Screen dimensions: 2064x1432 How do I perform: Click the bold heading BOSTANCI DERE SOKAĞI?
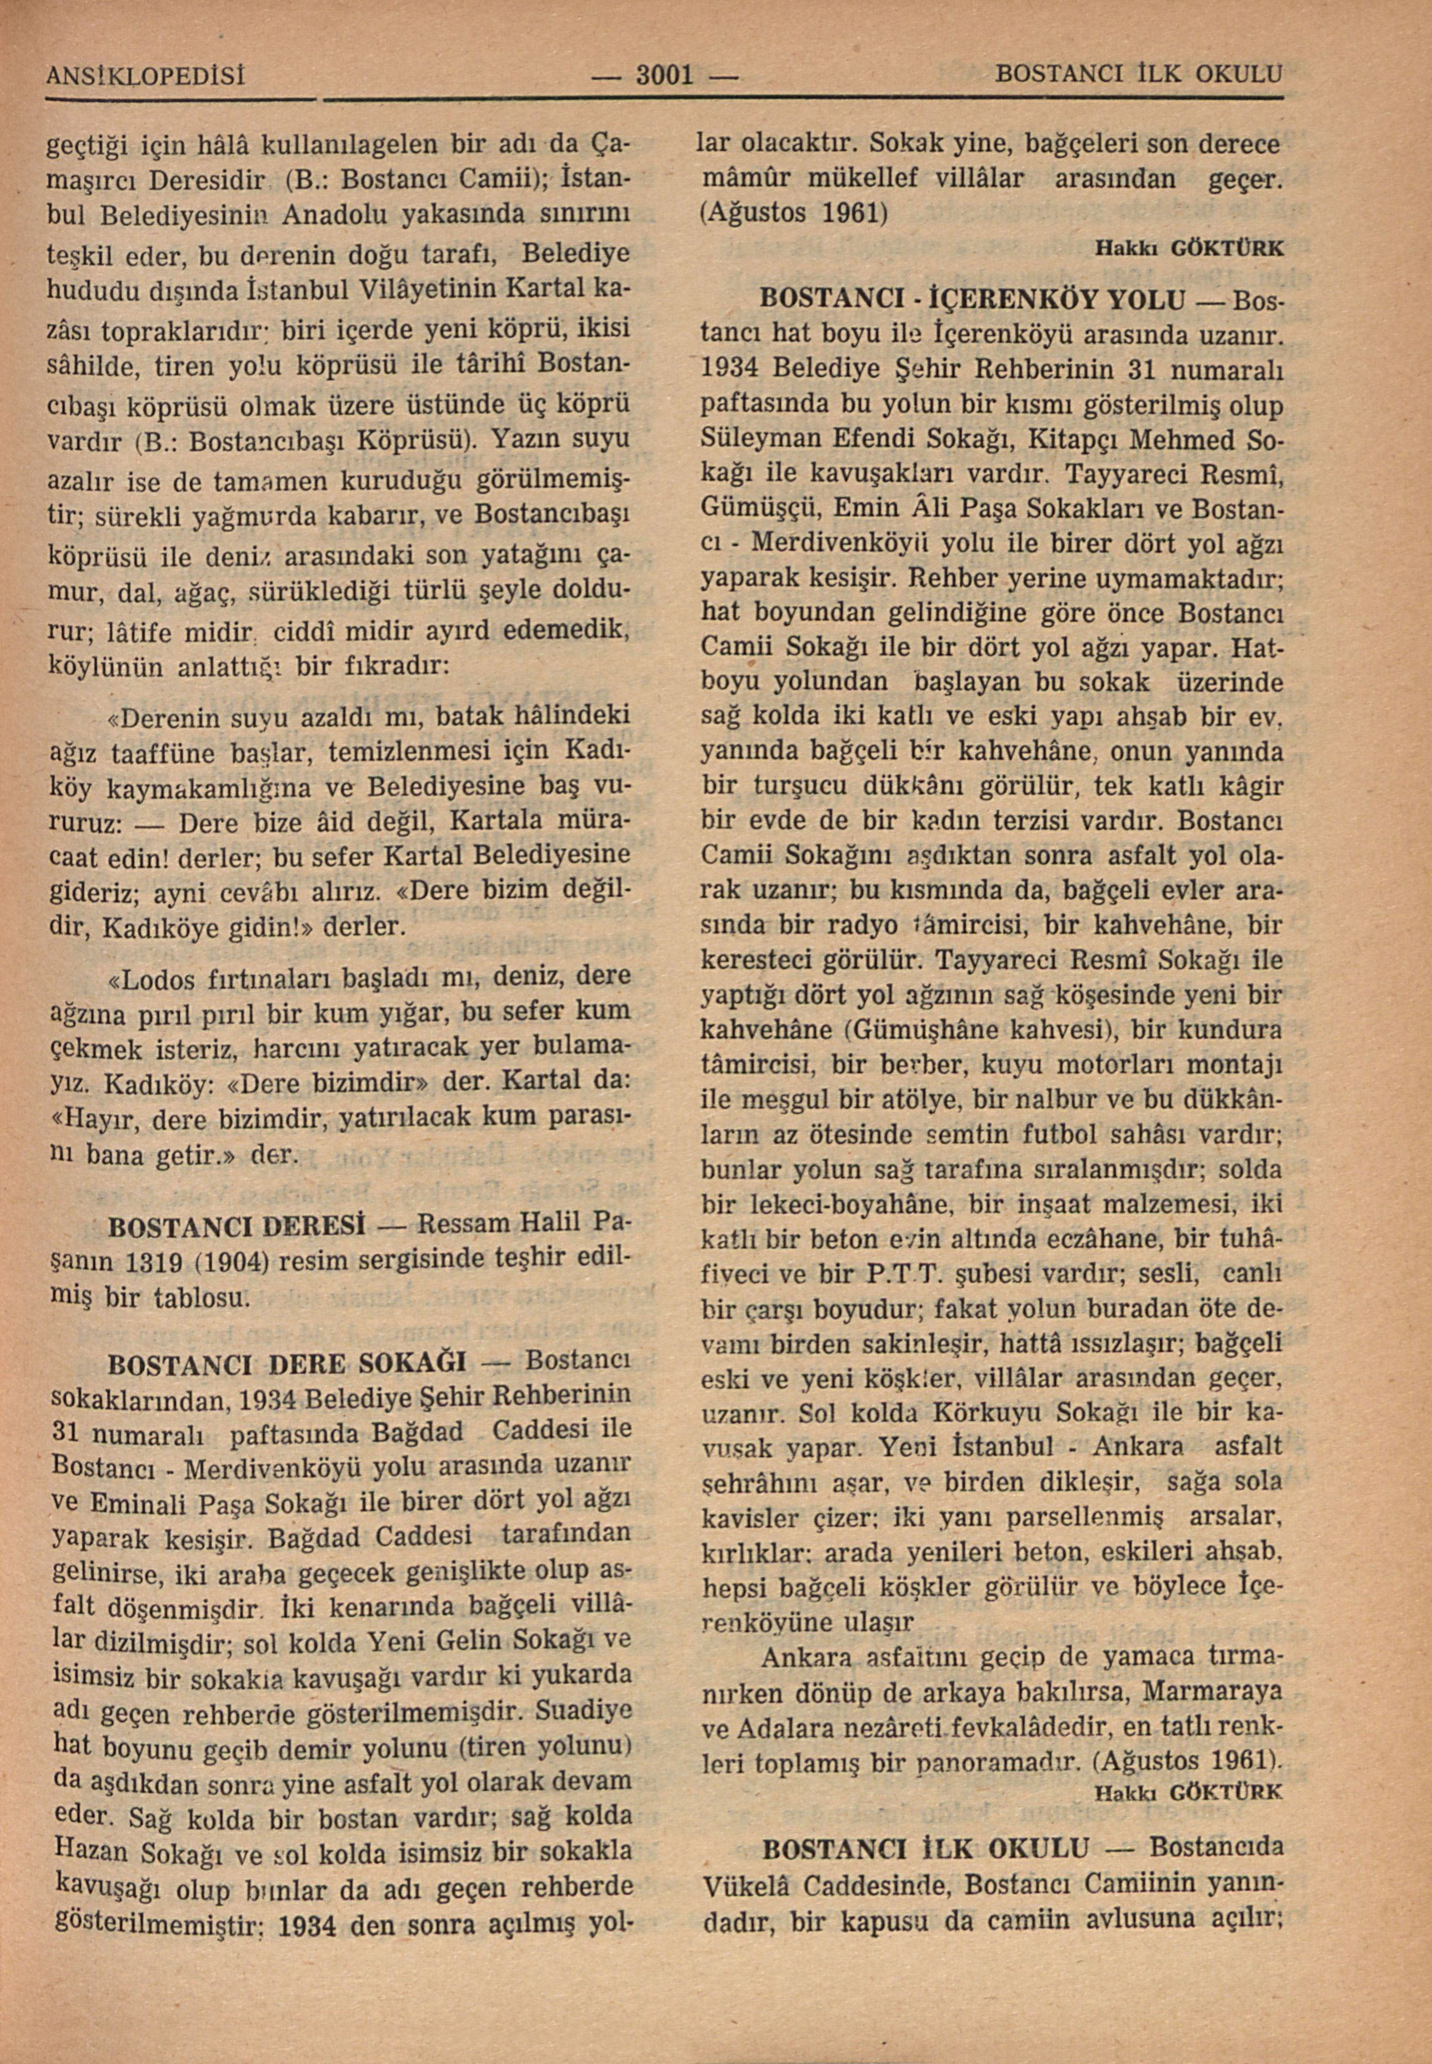[x=285, y=1366]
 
